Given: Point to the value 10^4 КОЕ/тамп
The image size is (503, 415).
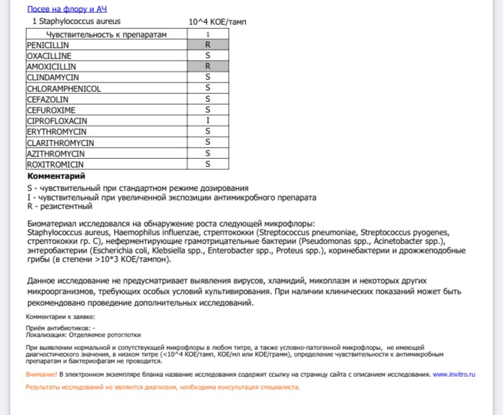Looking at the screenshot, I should (217, 21).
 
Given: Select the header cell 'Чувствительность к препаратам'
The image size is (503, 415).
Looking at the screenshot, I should (106, 34).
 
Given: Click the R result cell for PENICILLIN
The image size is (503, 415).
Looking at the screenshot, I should (208, 45).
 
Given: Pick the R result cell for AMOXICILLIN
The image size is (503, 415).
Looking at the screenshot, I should (208, 66).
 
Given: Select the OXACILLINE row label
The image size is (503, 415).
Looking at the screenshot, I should (50, 56).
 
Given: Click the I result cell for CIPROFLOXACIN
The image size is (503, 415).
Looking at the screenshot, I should (208, 121).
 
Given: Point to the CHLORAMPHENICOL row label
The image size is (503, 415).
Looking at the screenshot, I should (64, 88).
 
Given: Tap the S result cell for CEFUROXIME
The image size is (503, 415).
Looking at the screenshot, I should (208, 110).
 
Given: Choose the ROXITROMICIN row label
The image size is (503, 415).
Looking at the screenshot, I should (56, 164).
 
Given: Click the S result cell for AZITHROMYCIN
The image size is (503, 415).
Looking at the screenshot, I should (208, 154).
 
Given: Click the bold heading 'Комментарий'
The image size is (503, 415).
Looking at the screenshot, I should (56, 176).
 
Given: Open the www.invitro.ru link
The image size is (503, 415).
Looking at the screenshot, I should (453, 374).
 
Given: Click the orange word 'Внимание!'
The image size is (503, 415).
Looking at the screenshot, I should (41, 374).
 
